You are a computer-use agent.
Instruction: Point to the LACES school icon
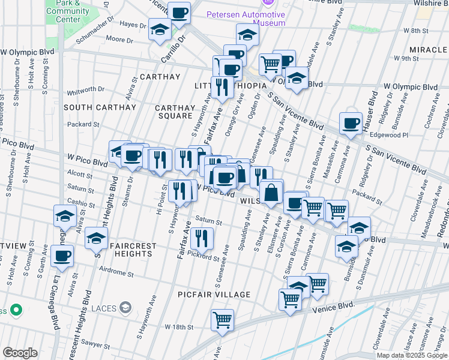tap(125, 308)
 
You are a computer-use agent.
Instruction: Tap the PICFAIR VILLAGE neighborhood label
tap(214, 295)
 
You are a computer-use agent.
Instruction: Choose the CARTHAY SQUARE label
tap(175, 112)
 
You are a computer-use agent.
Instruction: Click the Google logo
tap(20, 353)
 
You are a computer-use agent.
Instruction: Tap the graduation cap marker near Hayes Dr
tap(160, 30)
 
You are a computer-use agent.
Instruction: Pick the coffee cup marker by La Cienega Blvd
tap(62, 256)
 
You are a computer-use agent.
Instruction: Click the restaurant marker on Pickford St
tap(202, 238)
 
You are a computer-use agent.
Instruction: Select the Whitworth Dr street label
tap(86, 89)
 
